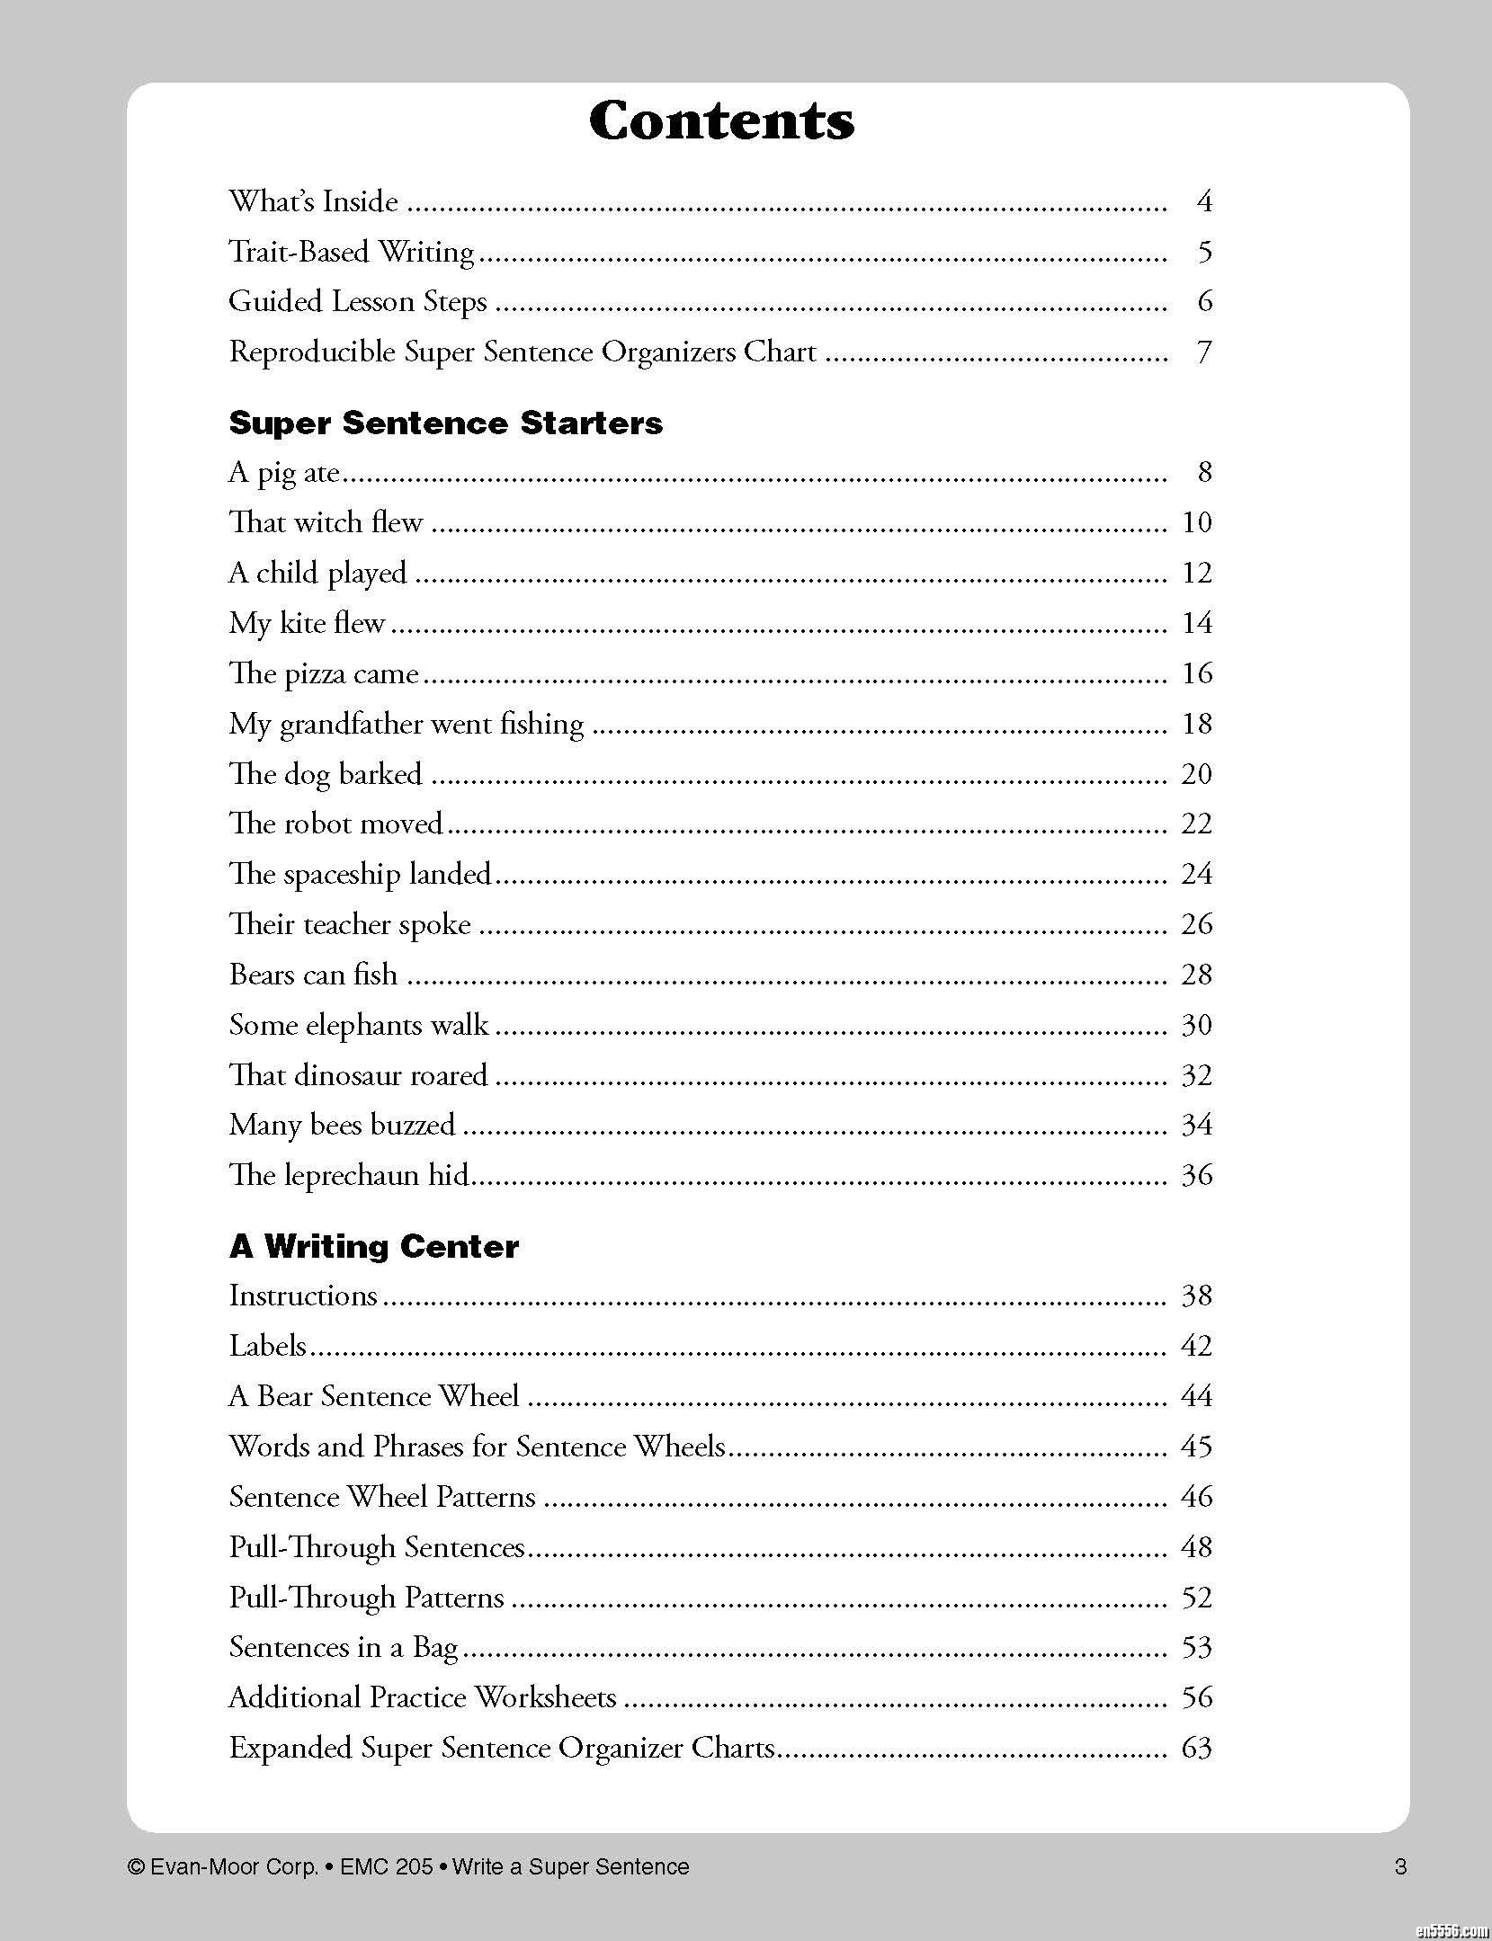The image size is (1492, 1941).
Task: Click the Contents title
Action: (721, 120)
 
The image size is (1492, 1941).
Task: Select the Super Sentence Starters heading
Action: (445, 423)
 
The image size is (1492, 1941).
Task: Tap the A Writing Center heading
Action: (373, 1246)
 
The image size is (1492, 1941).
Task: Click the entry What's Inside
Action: (313, 200)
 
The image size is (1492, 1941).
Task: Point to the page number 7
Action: (1204, 352)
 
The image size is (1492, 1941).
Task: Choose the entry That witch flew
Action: (325, 522)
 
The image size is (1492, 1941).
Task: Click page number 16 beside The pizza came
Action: (1196, 673)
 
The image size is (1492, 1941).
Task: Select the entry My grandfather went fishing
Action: (406, 724)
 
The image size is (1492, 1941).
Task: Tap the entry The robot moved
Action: (335, 824)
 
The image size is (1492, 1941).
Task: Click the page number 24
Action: (1196, 874)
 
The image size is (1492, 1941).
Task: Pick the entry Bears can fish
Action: (313, 975)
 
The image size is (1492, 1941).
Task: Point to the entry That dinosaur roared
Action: (358, 1075)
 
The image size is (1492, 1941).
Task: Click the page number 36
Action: (1196, 1175)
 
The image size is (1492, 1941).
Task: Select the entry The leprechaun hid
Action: (350, 1175)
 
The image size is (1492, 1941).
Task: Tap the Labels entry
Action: (267, 1346)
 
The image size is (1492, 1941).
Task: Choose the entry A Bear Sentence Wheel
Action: (373, 1396)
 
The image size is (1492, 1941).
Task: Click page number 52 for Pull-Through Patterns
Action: (1196, 1598)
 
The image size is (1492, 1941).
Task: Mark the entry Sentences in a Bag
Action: (344, 1647)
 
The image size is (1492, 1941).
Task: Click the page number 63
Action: (1196, 1748)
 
